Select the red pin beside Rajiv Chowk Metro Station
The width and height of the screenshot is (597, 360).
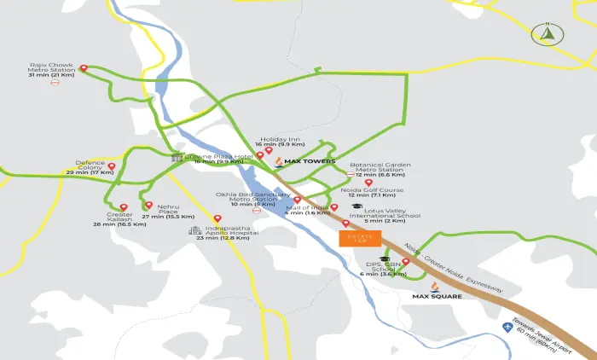click(x=83, y=68)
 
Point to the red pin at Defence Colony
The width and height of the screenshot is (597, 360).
click(x=112, y=165)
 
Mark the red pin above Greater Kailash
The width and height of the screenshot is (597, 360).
click(x=124, y=207)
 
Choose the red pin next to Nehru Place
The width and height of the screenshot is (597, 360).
click(x=148, y=206)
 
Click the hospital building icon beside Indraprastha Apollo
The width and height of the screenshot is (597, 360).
click(x=195, y=230)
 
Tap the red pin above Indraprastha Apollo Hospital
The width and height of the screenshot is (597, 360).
click(x=229, y=219)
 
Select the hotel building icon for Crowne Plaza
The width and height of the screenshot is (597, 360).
click(x=177, y=158)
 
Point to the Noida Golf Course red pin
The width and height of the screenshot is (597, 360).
click(x=368, y=183)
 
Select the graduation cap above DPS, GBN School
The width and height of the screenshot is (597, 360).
click(x=384, y=258)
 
